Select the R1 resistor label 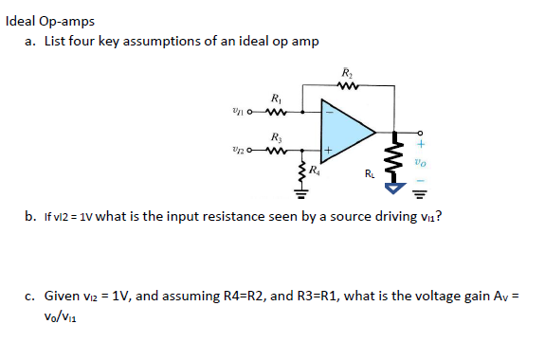274,98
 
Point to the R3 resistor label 274,136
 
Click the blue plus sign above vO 420,144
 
